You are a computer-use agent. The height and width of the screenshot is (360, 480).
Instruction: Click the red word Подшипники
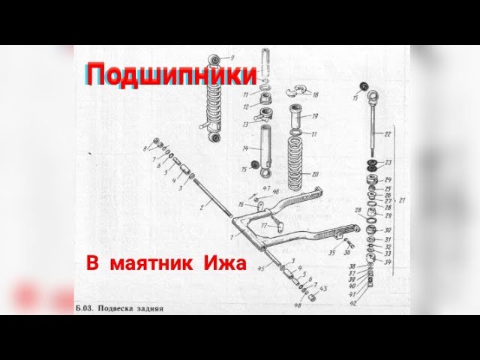coord(172,74)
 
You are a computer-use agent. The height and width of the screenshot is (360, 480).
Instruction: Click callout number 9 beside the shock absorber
coord(232,58)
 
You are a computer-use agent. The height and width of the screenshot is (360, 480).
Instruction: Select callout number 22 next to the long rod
coord(388,134)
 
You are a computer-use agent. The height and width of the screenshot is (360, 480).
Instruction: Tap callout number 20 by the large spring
coord(316,175)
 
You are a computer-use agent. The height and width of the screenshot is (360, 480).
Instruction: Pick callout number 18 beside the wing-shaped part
coord(316,95)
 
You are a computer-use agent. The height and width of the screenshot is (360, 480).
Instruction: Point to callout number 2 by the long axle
coord(201,204)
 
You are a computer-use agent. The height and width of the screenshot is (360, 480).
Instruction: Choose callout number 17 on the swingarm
coord(263,223)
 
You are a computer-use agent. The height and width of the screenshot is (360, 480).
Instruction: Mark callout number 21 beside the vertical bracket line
coord(403,200)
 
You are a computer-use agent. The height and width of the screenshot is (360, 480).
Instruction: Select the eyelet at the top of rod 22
coord(373,95)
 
